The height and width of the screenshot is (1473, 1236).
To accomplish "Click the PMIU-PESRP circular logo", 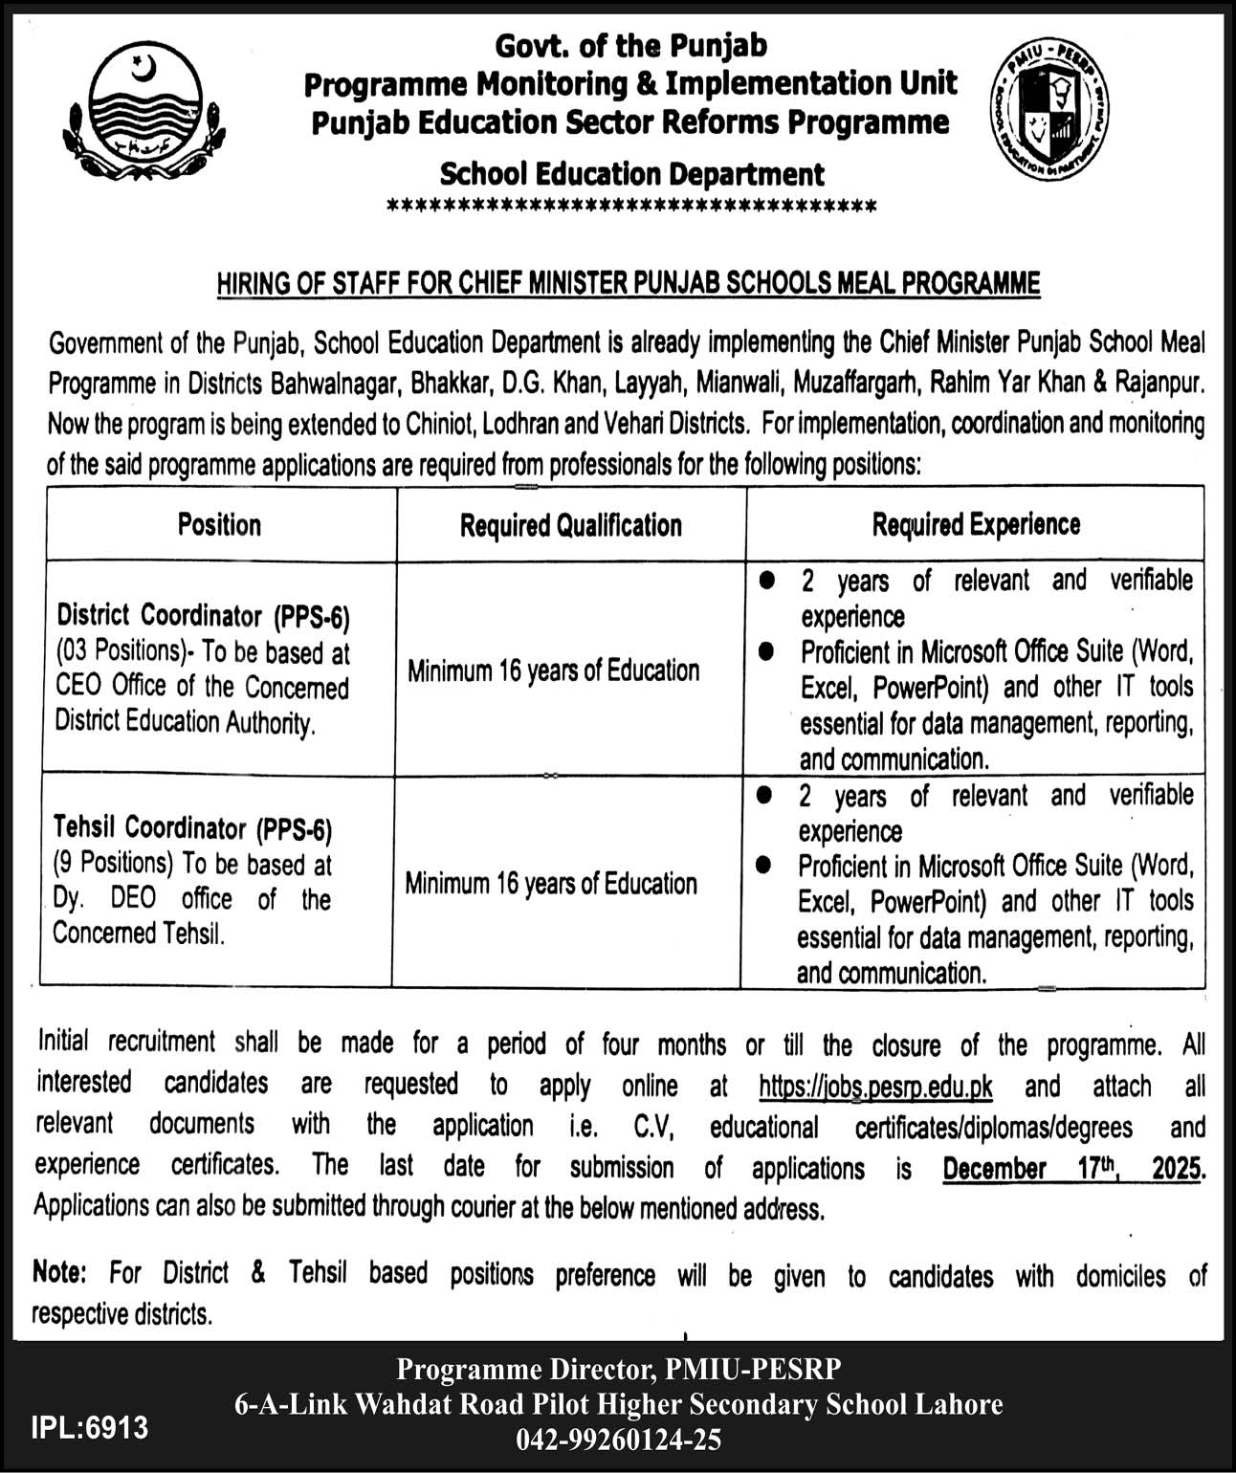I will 1046,114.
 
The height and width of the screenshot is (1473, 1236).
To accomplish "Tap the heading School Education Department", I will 631,174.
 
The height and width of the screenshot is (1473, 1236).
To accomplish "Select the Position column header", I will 219,524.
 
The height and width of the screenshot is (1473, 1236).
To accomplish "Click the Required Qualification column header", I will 570,525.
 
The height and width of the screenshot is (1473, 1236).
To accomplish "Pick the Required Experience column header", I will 975,524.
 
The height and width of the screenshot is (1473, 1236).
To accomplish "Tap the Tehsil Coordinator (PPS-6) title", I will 192,826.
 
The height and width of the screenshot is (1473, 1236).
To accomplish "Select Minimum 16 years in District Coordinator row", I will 553,671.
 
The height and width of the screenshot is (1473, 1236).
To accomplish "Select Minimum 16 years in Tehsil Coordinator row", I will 550,883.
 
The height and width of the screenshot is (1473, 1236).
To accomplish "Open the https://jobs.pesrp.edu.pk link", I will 874,1087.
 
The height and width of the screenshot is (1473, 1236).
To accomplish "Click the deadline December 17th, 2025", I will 1071,1168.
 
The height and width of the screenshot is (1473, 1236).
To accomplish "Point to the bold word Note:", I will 59,1272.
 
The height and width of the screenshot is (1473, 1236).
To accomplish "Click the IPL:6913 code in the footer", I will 90,1427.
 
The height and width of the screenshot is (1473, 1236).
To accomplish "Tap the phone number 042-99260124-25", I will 619,1439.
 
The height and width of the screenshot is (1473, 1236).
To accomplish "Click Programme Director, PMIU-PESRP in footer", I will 619,1370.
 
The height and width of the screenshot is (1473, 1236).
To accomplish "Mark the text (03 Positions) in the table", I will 119,651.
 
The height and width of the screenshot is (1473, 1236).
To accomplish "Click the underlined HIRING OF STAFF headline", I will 628,283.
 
